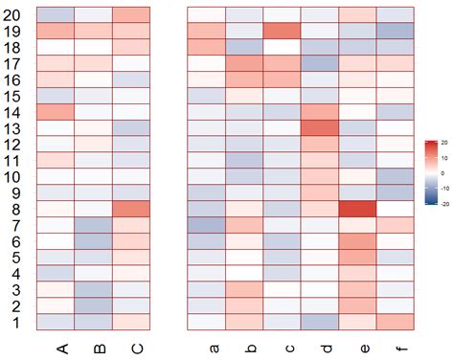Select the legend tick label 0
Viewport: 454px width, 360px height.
(440, 172)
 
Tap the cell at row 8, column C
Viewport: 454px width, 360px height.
(131, 209)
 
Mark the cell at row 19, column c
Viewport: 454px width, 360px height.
(282, 31)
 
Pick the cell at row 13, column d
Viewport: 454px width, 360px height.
(320, 127)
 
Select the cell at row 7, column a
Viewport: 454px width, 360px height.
(205, 225)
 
